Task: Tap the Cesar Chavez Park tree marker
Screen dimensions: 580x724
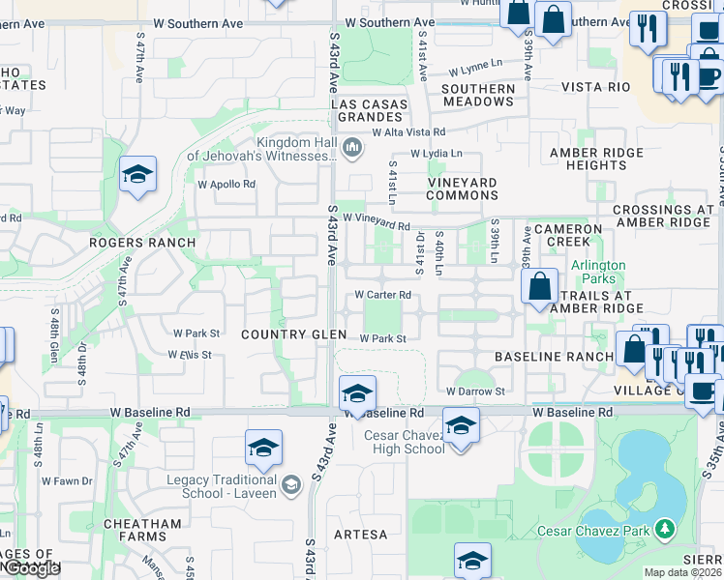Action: [664, 529]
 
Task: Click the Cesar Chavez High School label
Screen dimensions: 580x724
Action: [405, 442]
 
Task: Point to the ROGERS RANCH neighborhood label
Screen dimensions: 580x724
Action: [142, 243]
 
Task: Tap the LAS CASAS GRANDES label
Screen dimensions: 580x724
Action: [368, 110]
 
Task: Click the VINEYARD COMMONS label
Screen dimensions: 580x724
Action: [463, 188]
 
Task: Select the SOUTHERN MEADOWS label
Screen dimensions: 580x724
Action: [478, 95]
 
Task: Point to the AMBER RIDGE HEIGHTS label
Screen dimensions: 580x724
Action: [595, 159]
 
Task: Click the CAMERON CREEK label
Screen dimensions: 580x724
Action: [575, 235]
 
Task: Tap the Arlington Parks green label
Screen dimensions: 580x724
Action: [598, 273]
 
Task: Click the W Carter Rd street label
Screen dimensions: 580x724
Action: [383, 295]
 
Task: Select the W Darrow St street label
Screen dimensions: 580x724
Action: [475, 391]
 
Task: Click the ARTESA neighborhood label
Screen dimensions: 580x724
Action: [360, 534]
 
